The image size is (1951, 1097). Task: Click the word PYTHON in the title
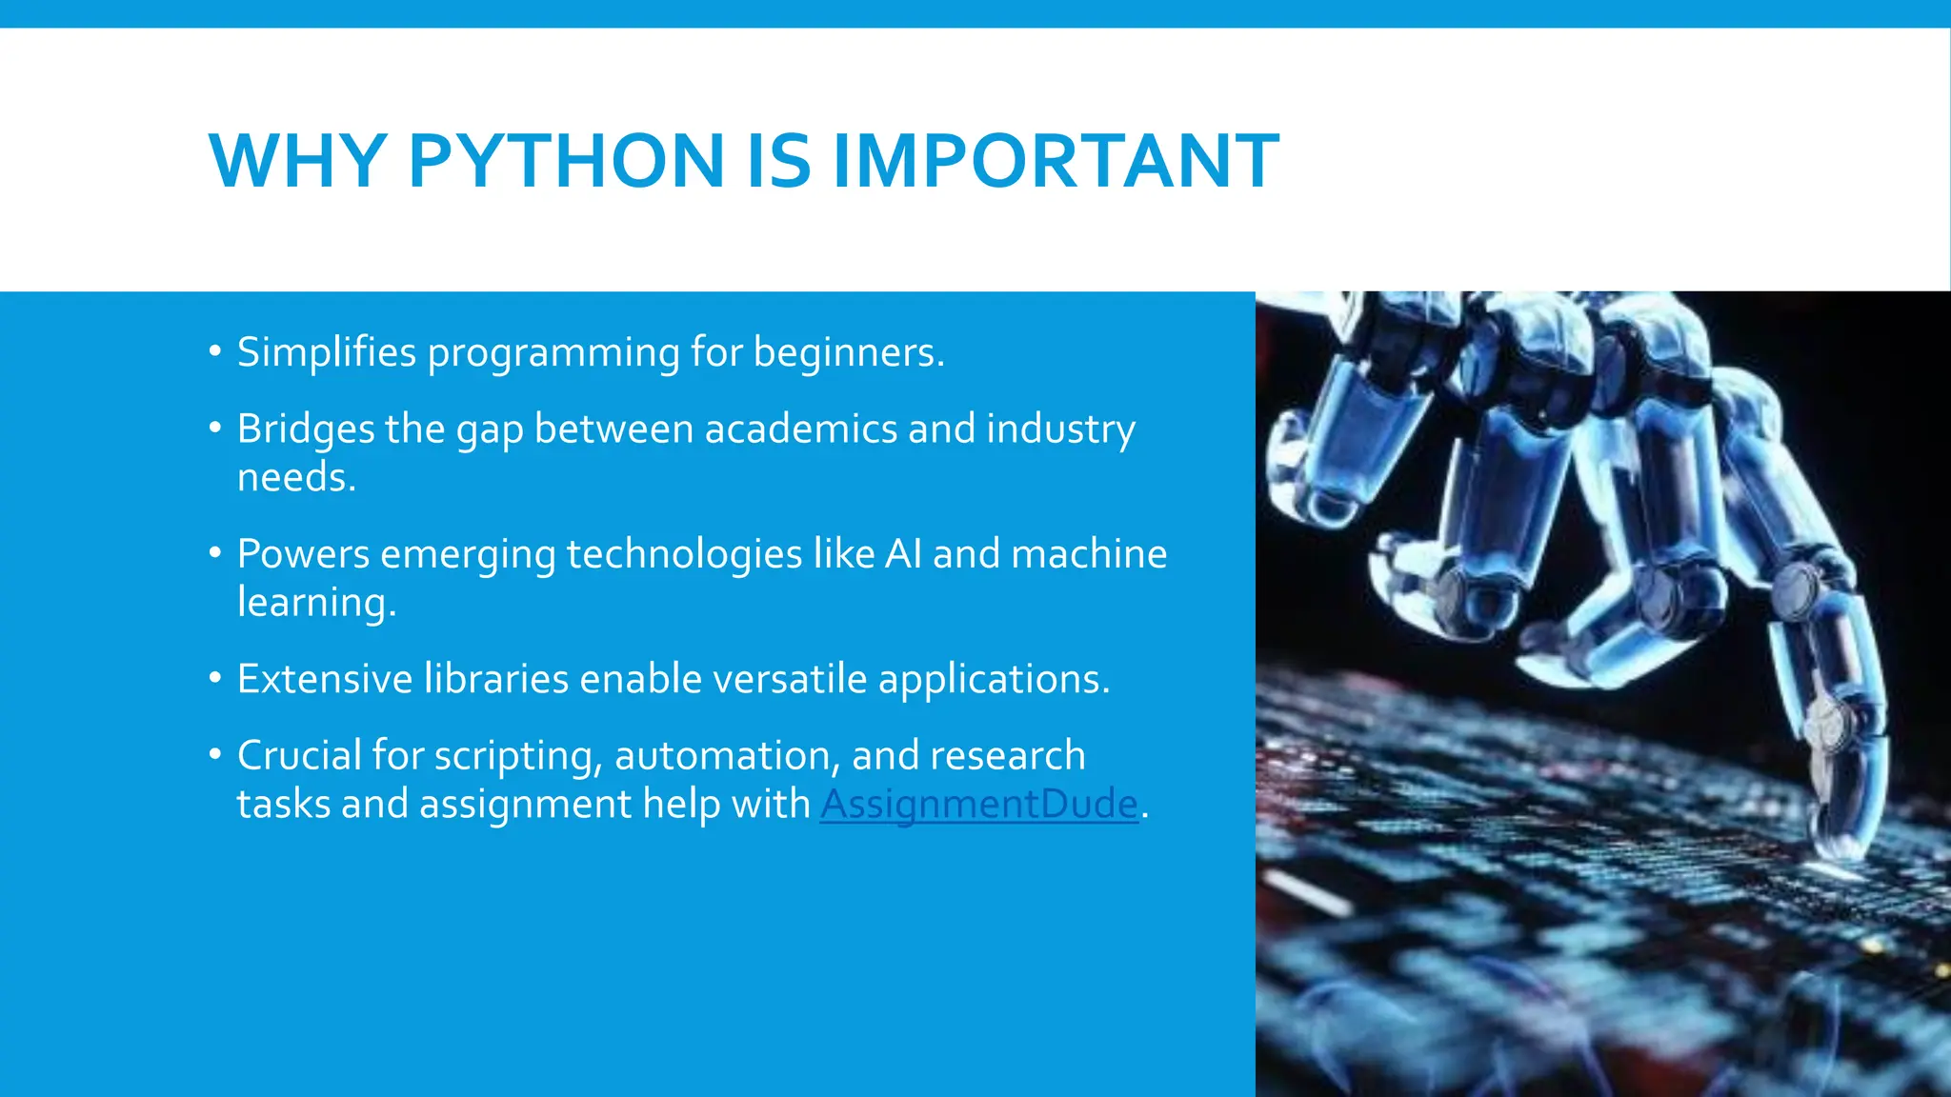tap(566, 161)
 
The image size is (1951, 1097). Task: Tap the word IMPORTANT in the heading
tap(1056, 161)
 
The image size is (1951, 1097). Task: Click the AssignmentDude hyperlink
tap(978, 804)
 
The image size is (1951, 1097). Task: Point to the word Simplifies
tap(327, 352)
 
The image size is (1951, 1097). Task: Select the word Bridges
tap(305, 429)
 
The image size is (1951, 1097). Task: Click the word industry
tap(1060, 429)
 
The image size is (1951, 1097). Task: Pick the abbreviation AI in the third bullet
tap(902, 554)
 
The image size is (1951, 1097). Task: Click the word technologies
tap(684, 554)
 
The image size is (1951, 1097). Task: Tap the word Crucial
tap(299, 756)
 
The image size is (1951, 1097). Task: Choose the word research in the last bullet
tap(1007, 756)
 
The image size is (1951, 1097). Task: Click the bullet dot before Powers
tap(215, 553)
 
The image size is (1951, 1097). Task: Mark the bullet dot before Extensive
tap(215, 678)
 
